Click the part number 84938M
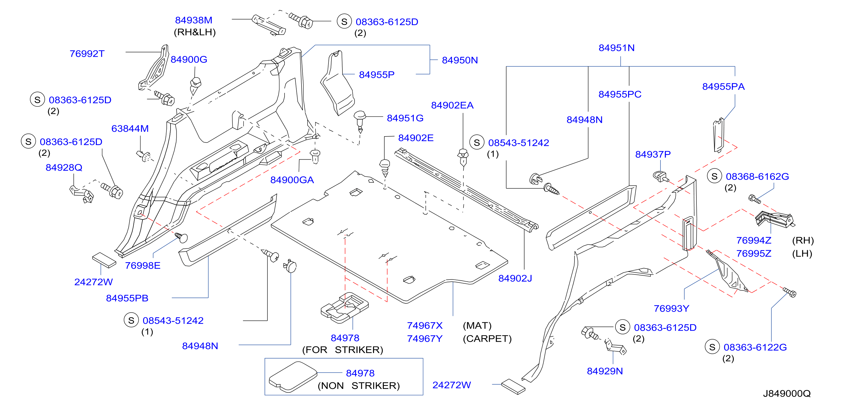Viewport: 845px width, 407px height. click(x=194, y=20)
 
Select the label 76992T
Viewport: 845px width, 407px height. click(x=87, y=54)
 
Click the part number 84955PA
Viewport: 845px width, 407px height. click(x=723, y=86)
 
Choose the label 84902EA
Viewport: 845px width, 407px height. click(x=452, y=105)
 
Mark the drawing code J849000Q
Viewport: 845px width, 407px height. click(x=787, y=393)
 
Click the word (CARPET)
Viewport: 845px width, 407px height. click(x=487, y=338)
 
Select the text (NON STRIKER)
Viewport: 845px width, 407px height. click(x=359, y=386)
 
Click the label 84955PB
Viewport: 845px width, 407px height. click(x=127, y=298)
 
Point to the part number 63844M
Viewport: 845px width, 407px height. click(x=130, y=128)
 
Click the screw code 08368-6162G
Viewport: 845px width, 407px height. click(x=757, y=177)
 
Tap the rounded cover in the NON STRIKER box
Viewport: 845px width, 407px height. click(x=293, y=377)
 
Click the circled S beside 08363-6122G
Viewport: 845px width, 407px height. click(x=712, y=347)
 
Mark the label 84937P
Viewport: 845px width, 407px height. click(x=653, y=154)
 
